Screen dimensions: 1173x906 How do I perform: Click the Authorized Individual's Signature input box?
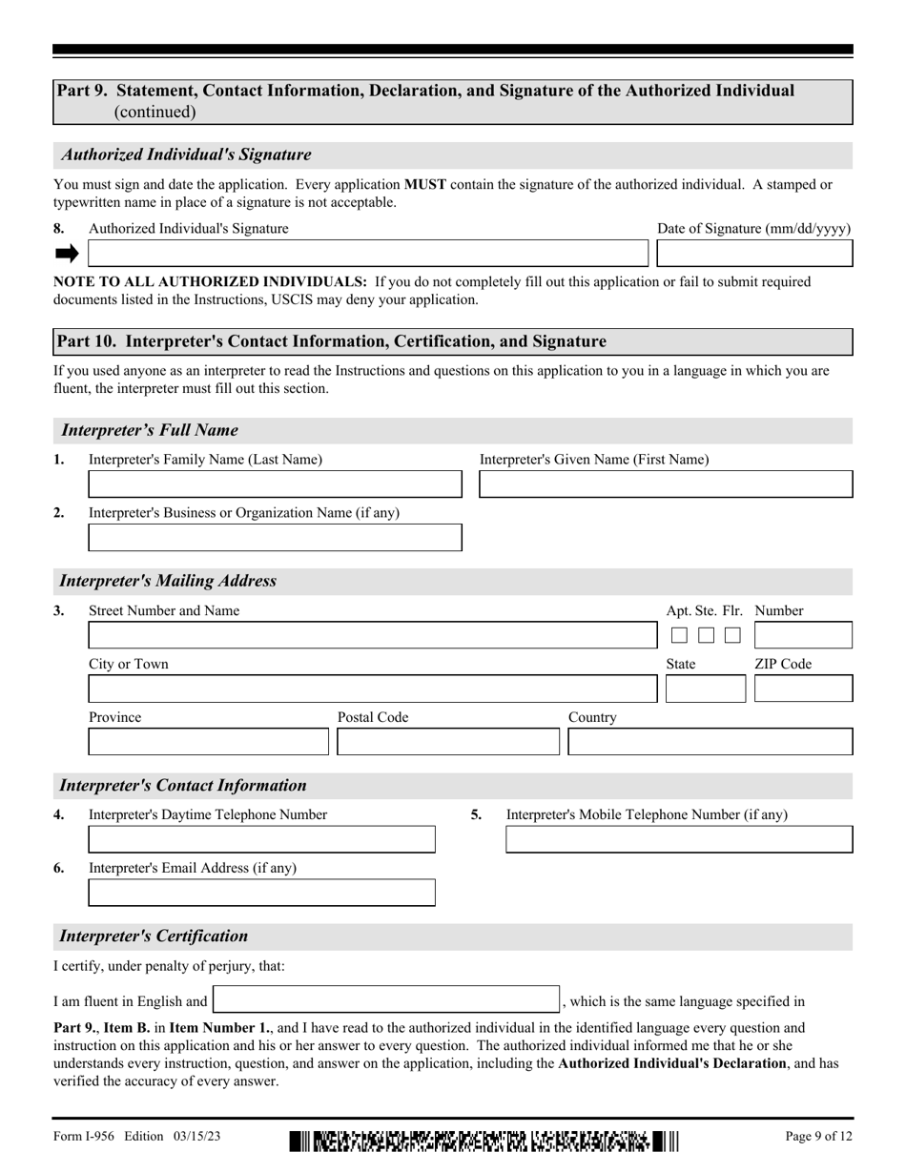point(367,254)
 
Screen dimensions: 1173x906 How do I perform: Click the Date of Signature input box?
point(754,254)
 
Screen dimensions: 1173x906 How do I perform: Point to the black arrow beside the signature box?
point(67,254)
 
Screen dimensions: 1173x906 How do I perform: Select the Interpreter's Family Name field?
point(275,484)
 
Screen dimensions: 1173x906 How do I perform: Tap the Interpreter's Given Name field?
point(665,484)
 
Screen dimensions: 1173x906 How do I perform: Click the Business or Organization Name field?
point(275,538)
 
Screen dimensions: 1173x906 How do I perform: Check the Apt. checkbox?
point(679,636)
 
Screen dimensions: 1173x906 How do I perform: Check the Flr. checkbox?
point(732,636)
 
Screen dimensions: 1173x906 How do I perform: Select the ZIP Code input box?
point(803,689)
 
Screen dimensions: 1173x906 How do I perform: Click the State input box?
point(705,689)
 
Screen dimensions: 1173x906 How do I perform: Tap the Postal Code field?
point(448,743)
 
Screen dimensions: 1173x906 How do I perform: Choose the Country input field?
point(710,743)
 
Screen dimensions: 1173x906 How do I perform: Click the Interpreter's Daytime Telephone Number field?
point(261,840)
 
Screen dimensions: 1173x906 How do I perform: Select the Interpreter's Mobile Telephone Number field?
point(678,840)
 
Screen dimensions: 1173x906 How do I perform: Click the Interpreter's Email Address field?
point(261,894)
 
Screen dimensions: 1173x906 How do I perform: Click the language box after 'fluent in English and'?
point(385,999)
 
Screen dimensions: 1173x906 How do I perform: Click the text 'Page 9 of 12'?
point(818,1137)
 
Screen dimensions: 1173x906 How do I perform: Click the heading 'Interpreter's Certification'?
point(154,936)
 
